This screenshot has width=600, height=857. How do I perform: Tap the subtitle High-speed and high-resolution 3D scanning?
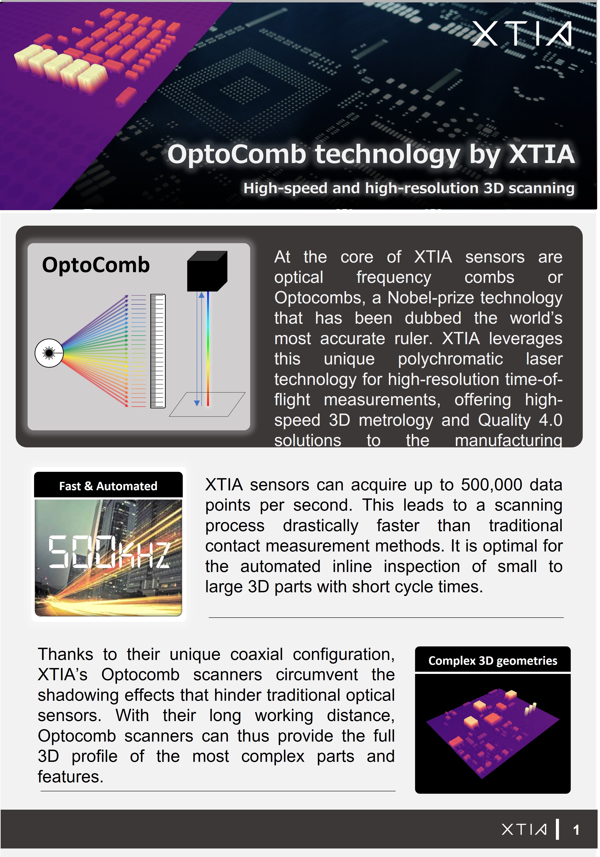409,188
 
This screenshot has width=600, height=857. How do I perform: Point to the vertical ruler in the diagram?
158,351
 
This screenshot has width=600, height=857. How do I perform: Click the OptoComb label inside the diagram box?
96,265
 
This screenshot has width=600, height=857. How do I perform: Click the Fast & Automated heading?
108,486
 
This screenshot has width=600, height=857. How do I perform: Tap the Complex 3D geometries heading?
493,661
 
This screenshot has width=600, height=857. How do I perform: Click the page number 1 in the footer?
576,830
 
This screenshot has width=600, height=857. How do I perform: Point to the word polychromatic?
450,359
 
